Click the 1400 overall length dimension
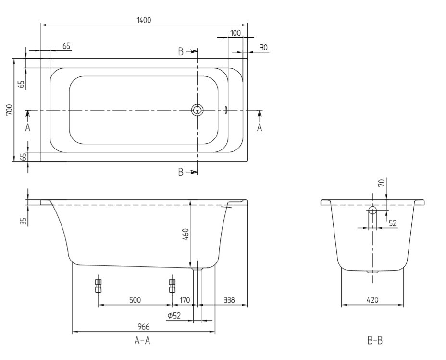(144, 20)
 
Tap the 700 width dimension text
(10, 110)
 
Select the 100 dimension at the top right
(235, 33)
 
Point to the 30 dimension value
(264, 48)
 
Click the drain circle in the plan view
(197, 110)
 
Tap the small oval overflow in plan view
(226, 110)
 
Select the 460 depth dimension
(185, 235)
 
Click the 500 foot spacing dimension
(135, 300)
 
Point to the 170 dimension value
(185, 300)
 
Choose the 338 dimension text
(229, 300)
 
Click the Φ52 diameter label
(174, 315)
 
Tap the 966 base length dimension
(144, 327)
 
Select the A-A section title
(142, 340)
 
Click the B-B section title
(375, 340)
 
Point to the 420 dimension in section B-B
(372, 300)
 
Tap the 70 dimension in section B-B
(382, 182)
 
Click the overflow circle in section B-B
(372, 210)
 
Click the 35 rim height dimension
(24, 221)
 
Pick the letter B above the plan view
(181, 52)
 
